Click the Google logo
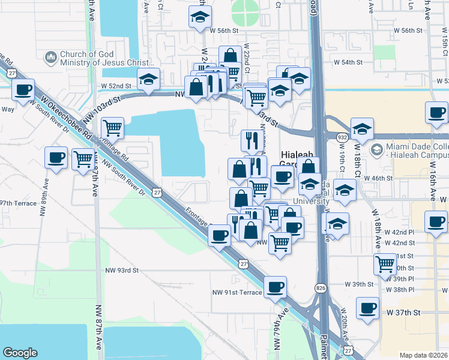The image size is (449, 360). (20, 353)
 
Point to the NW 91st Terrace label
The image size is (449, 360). (237, 292)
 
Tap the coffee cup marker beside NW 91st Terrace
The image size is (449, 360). (276, 287)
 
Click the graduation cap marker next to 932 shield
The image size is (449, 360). (362, 128)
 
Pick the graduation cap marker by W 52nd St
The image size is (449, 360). (148, 79)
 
